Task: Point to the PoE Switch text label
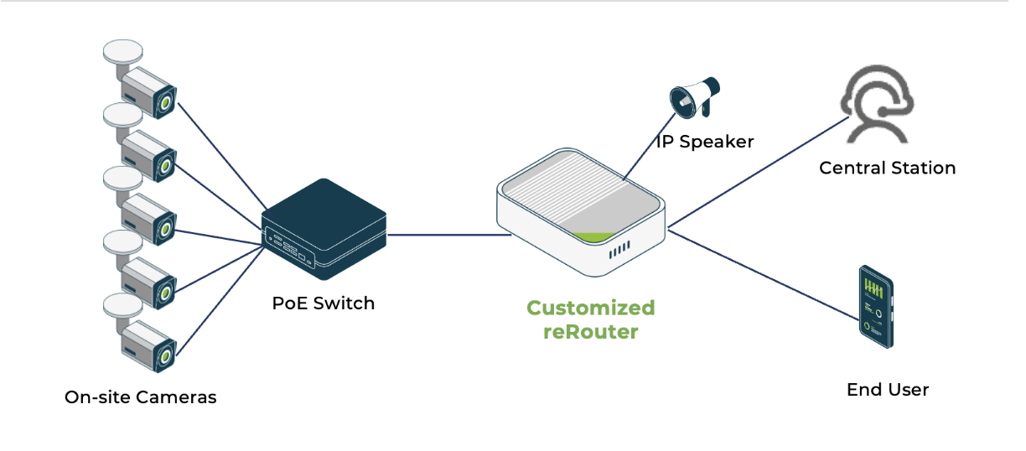(323, 303)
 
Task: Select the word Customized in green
(590, 308)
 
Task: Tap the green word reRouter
(590, 332)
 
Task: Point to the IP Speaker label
(704, 142)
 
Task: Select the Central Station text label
(887, 168)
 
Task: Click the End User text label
(887, 390)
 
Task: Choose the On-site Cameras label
(140, 397)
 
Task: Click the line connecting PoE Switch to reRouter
(448, 235)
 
